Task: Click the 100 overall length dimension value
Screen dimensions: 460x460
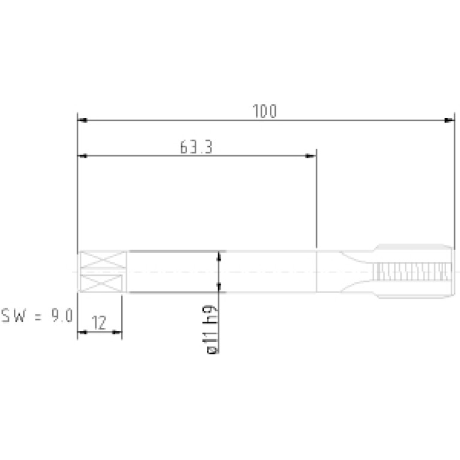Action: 264,111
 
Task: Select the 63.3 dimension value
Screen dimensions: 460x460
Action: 196,147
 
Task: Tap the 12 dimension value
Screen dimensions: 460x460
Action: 99,323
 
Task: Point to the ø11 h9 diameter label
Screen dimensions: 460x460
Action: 211,329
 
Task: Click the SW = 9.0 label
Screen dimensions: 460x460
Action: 37,315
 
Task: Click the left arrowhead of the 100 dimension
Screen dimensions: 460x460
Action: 82,121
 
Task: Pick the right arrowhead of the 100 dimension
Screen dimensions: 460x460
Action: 449,121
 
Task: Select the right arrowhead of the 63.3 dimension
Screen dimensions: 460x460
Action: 311,156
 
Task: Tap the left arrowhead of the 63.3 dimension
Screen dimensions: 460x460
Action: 82,156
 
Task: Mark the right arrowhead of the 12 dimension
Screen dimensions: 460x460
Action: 117,332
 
